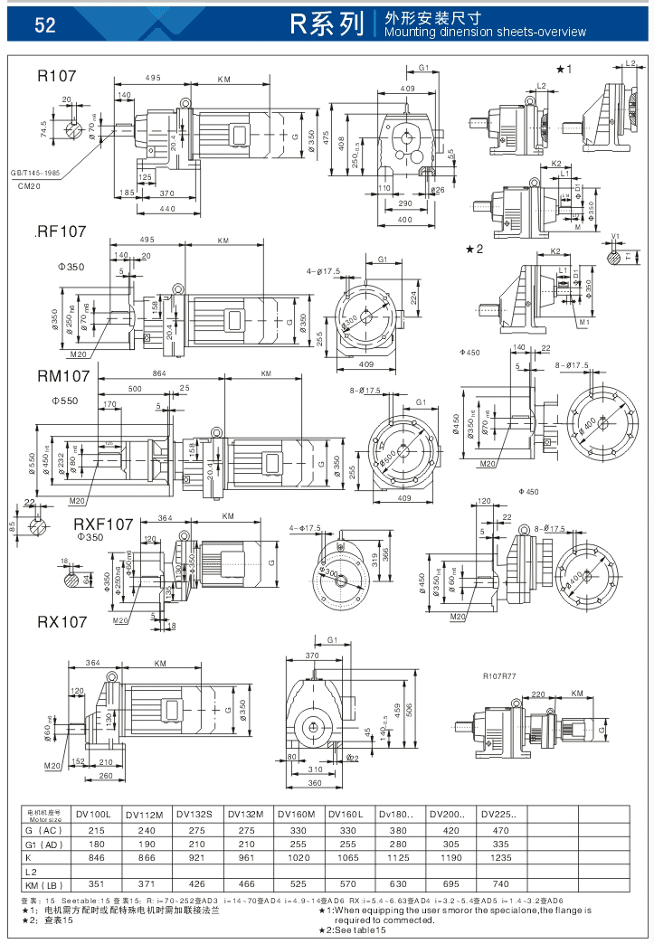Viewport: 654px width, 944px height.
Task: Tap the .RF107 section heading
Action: [61, 231]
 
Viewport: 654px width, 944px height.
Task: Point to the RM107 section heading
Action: [63, 376]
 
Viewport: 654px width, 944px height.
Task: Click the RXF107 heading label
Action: [103, 524]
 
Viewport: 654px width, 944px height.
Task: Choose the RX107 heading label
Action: [62, 622]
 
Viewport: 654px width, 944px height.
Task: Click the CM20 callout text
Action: [29, 186]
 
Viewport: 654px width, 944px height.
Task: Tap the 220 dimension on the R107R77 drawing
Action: [538, 694]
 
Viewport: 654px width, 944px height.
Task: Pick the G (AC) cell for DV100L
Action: [95, 829]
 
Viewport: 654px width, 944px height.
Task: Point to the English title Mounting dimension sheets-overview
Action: [485, 33]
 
